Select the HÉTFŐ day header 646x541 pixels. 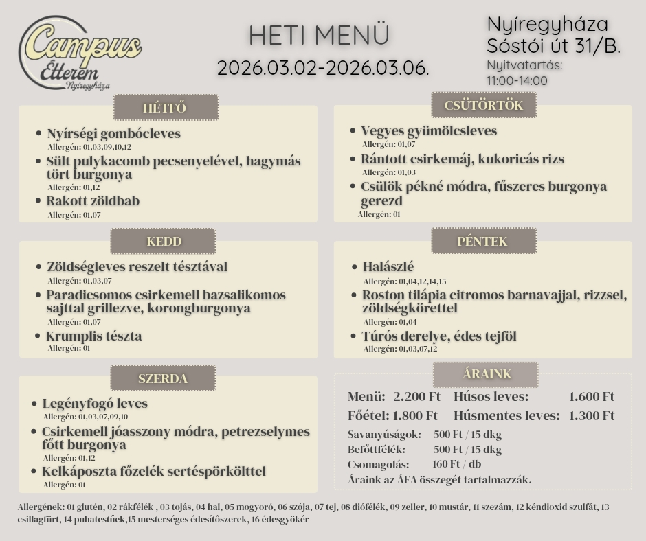click(x=165, y=108)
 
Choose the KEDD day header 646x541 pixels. click(x=164, y=242)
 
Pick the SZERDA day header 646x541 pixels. click(x=163, y=378)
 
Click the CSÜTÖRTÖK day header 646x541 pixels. click(x=483, y=106)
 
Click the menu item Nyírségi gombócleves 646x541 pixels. click(x=113, y=134)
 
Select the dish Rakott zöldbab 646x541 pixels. click(x=93, y=201)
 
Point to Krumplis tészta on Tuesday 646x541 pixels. click(x=93, y=336)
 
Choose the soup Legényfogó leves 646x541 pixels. click(x=95, y=404)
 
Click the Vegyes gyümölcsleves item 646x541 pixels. click(x=429, y=131)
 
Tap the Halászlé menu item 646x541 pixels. click(x=388, y=267)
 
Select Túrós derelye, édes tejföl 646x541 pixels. click(x=439, y=336)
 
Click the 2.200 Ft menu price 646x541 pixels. click(x=416, y=397)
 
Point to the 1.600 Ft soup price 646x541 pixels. click(x=592, y=397)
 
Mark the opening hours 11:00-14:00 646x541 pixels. click(x=517, y=80)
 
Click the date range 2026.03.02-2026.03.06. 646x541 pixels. click(x=323, y=69)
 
